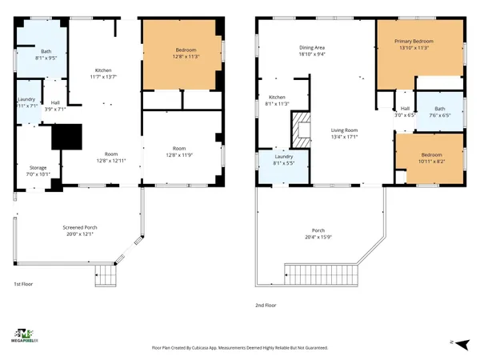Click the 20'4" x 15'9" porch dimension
318,237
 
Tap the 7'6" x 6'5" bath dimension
439,115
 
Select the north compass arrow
452,342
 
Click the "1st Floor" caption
23,284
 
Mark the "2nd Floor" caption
266,305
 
